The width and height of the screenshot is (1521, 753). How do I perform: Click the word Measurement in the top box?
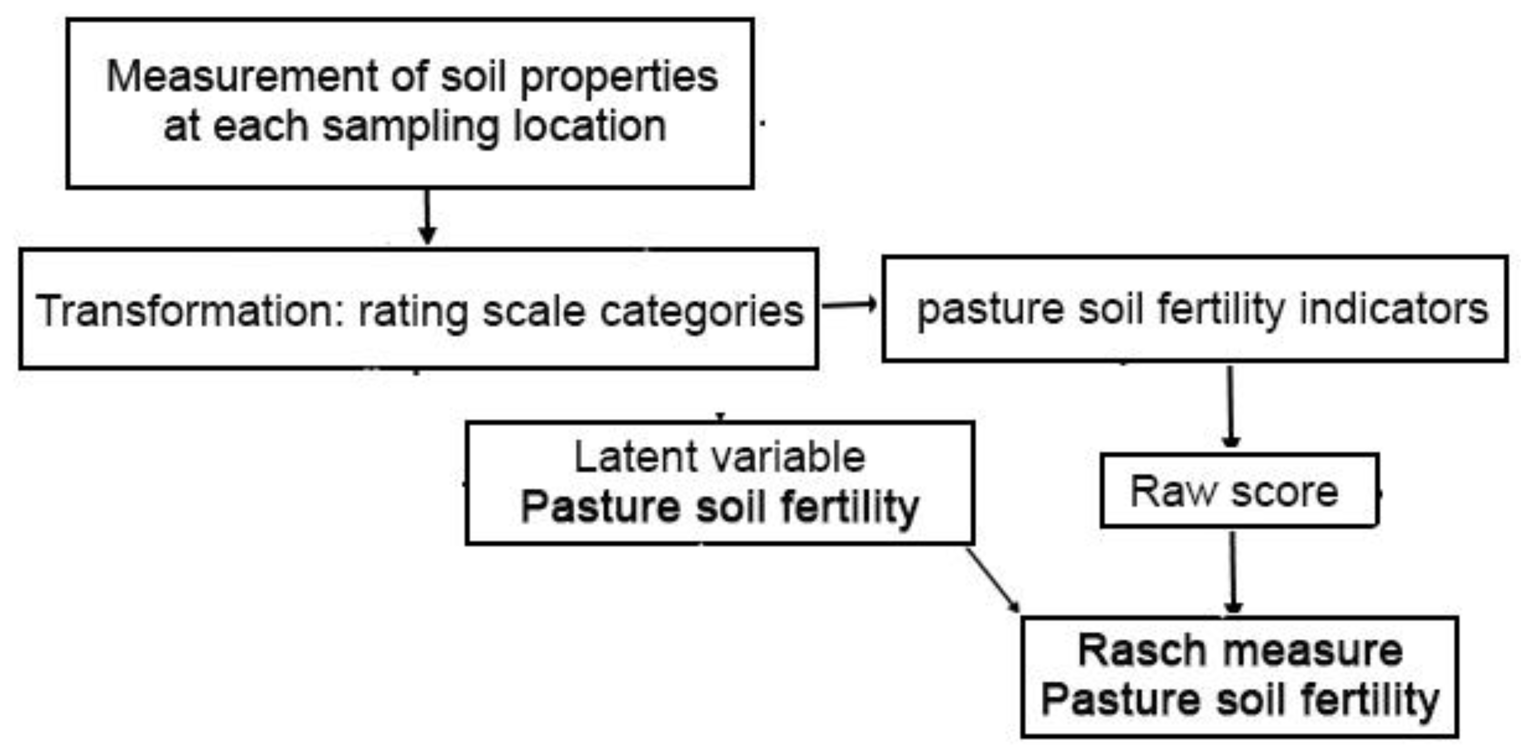coord(242,77)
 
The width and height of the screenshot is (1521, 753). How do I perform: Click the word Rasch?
coord(1142,650)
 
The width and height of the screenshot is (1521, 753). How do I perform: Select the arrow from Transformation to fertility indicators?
coord(849,305)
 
